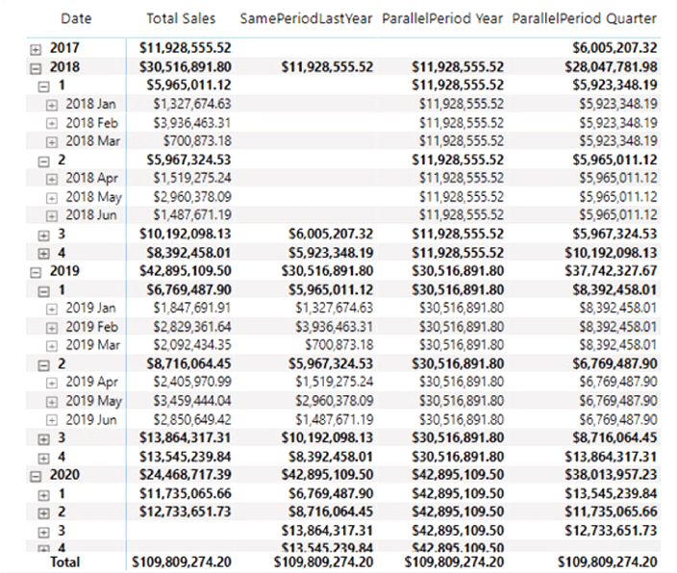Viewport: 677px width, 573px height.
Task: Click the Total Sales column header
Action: tap(182, 18)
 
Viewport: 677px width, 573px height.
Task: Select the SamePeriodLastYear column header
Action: tap(306, 18)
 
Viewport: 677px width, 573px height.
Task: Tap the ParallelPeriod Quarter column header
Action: tap(585, 18)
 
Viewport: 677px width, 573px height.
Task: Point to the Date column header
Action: tap(76, 18)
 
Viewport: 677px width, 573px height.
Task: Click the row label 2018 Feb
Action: tap(91, 123)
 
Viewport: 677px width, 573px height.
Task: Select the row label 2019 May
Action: tap(93, 401)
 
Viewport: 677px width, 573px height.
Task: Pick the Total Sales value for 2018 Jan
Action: tap(191, 104)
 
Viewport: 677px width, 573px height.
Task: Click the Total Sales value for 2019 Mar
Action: tap(191, 345)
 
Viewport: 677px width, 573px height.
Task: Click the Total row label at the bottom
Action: tap(65, 561)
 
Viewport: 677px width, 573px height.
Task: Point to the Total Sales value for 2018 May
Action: tap(191, 197)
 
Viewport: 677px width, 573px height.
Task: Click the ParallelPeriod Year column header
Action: tap(442, 18)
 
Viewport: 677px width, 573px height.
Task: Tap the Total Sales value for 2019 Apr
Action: tap(191, 383)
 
